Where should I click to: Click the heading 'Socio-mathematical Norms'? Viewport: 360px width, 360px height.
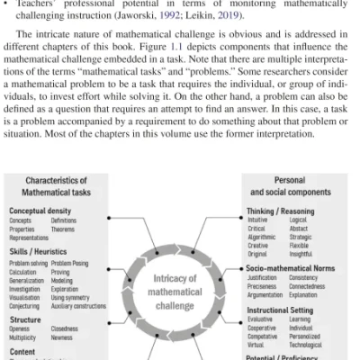click(296, 269)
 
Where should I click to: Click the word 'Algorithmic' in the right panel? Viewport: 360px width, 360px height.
click(264, 237)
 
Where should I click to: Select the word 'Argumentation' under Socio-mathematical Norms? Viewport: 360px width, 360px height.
click(266, 295)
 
